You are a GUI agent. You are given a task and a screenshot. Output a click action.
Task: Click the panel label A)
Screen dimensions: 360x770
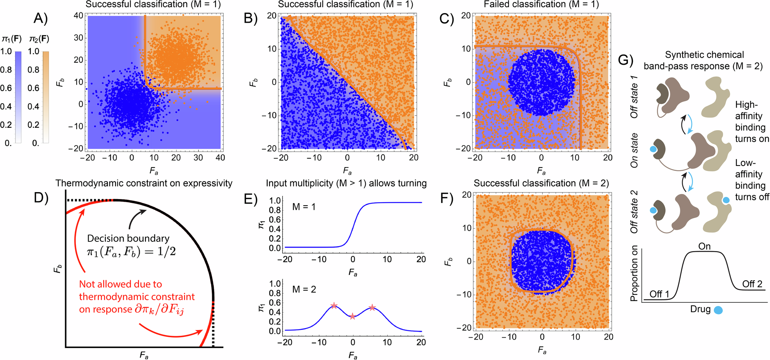[40, 18]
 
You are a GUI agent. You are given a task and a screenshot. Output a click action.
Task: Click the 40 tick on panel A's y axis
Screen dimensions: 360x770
[78, 15]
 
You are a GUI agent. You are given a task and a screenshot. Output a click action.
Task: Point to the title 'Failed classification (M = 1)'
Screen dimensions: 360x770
[541, 5]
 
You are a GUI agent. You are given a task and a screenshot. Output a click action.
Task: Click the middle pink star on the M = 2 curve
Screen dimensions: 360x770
[353, 316]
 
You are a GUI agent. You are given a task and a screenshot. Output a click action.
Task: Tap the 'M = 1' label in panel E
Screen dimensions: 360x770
[304, 207]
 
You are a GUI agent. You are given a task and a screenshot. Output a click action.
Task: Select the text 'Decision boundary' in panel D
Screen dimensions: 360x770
[128, 238]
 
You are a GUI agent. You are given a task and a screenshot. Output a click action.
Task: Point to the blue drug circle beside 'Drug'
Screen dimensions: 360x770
[718, 310]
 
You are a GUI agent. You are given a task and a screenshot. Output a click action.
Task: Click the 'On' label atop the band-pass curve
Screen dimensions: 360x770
[704, 246]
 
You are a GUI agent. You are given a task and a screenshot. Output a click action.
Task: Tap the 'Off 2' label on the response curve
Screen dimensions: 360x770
[752, 284]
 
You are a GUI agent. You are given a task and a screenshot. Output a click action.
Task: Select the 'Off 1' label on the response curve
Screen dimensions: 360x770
[659, 294]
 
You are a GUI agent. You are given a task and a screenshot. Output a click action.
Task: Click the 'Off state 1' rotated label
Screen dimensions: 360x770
[634, 97]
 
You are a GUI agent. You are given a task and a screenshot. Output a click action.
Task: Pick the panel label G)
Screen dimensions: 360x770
[626, 60]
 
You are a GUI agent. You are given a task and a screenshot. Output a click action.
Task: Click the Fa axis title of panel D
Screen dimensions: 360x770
[144, 355]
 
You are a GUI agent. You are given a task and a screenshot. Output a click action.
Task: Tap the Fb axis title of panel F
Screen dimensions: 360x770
[447, 262]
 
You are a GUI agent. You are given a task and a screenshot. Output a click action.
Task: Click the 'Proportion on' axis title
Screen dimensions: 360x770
[634, 273]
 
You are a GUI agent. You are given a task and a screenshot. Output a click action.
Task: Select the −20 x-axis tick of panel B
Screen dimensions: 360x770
[283, 157]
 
